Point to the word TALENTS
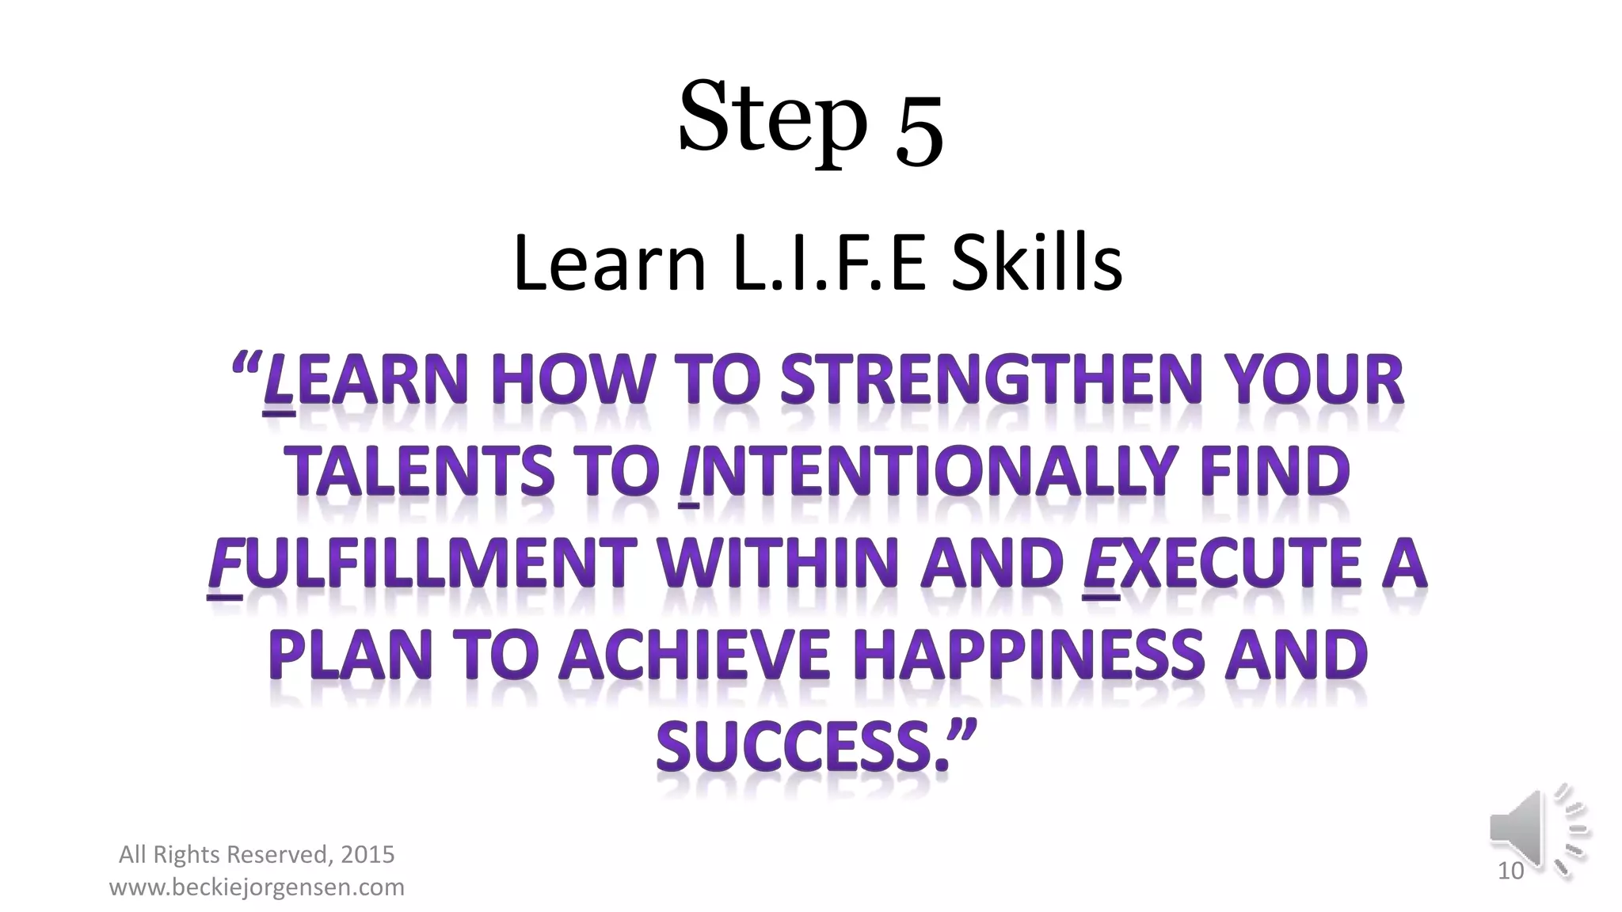point(419,472)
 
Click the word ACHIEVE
point(695,655)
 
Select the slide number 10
point(1510,871)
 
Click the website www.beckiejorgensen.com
point(257,887)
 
